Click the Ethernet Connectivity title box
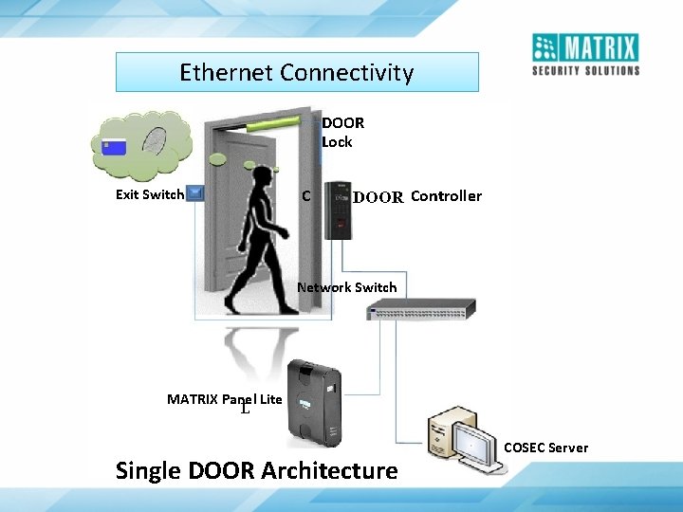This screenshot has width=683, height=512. (297, 72)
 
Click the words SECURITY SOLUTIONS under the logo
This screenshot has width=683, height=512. (585, 70)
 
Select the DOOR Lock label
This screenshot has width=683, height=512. (341, 132)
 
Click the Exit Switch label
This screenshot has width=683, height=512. (149, 194)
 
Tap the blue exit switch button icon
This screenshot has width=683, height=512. (195, 193)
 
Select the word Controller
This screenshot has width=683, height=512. (446, 196)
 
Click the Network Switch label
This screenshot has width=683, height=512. (346, 287)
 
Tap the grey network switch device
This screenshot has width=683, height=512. (421, 308)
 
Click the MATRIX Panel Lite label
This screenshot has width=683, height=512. (225, 399)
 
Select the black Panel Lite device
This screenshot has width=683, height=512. (314, 402)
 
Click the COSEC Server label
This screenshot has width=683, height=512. (545, 448)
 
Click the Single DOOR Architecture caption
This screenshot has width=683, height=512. (256, 470)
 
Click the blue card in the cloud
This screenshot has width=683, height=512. (113, 147)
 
